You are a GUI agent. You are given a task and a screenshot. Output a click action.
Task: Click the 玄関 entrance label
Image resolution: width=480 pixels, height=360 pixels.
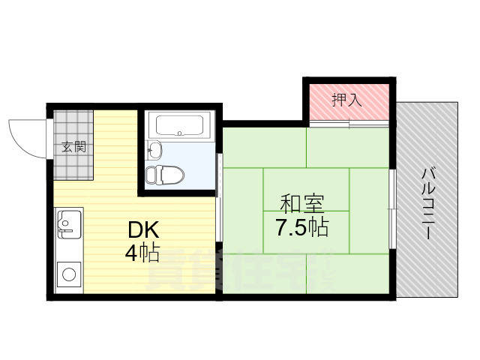click(73, 146)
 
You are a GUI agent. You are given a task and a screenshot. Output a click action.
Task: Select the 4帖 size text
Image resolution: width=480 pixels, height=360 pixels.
click(142, 253)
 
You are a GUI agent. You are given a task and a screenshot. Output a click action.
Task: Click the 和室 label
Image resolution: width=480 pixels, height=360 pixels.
click(302, 204)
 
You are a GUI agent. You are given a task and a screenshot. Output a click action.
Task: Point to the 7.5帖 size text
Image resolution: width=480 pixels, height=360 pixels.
click(301, 227)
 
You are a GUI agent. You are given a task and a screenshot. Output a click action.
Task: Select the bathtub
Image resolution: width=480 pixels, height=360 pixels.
click(180, 124)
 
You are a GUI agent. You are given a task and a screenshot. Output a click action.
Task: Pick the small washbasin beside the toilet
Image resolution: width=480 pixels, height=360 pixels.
click(155, 149)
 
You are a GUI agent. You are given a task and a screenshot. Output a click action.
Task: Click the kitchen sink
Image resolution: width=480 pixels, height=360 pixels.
click(68, 223)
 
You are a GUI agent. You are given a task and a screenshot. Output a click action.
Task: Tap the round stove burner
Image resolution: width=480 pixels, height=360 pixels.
click(68, 274)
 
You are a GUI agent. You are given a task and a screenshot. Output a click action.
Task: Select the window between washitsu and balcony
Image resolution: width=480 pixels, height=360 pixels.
click(391, 207)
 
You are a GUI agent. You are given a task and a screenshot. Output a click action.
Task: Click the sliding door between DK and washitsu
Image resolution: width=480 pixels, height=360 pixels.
click(218, 199)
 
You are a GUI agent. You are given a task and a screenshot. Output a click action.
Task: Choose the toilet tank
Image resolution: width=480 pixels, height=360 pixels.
click(151, 175)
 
